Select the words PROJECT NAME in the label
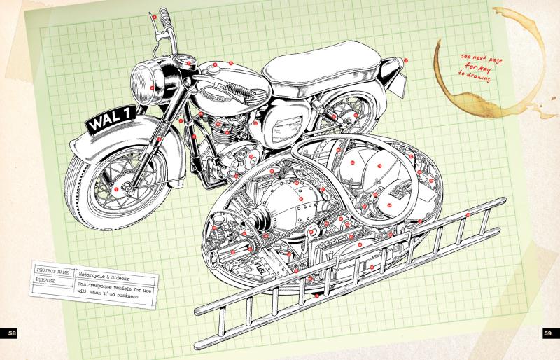52,269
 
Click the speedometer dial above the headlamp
185,59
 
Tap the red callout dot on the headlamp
151,87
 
